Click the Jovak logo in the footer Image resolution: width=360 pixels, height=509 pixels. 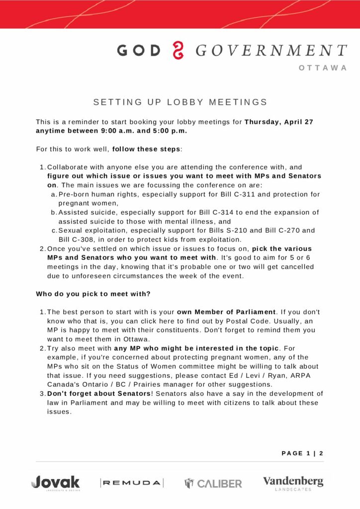[55, 482]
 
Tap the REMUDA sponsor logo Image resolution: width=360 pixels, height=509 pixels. [132, 483]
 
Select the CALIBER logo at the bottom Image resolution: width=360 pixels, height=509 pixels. [213, 483]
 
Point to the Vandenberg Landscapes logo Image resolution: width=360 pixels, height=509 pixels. [293, 483]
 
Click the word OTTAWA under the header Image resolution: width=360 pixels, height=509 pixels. [323, 68]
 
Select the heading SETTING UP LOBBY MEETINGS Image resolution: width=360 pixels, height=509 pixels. [180, 102]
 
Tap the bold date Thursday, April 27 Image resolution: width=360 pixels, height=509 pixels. [278, 122]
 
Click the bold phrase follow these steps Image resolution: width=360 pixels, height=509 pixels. [147, 149]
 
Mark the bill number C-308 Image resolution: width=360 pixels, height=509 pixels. [71, 239]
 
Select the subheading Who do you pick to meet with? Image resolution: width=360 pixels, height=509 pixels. [93, 294]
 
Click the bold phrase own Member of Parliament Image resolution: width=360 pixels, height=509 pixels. [226, 312]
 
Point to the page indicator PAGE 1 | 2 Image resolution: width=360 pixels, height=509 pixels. [302, 453]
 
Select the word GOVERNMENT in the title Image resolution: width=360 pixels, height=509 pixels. [271, 51]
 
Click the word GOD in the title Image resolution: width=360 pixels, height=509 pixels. [139, 51]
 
